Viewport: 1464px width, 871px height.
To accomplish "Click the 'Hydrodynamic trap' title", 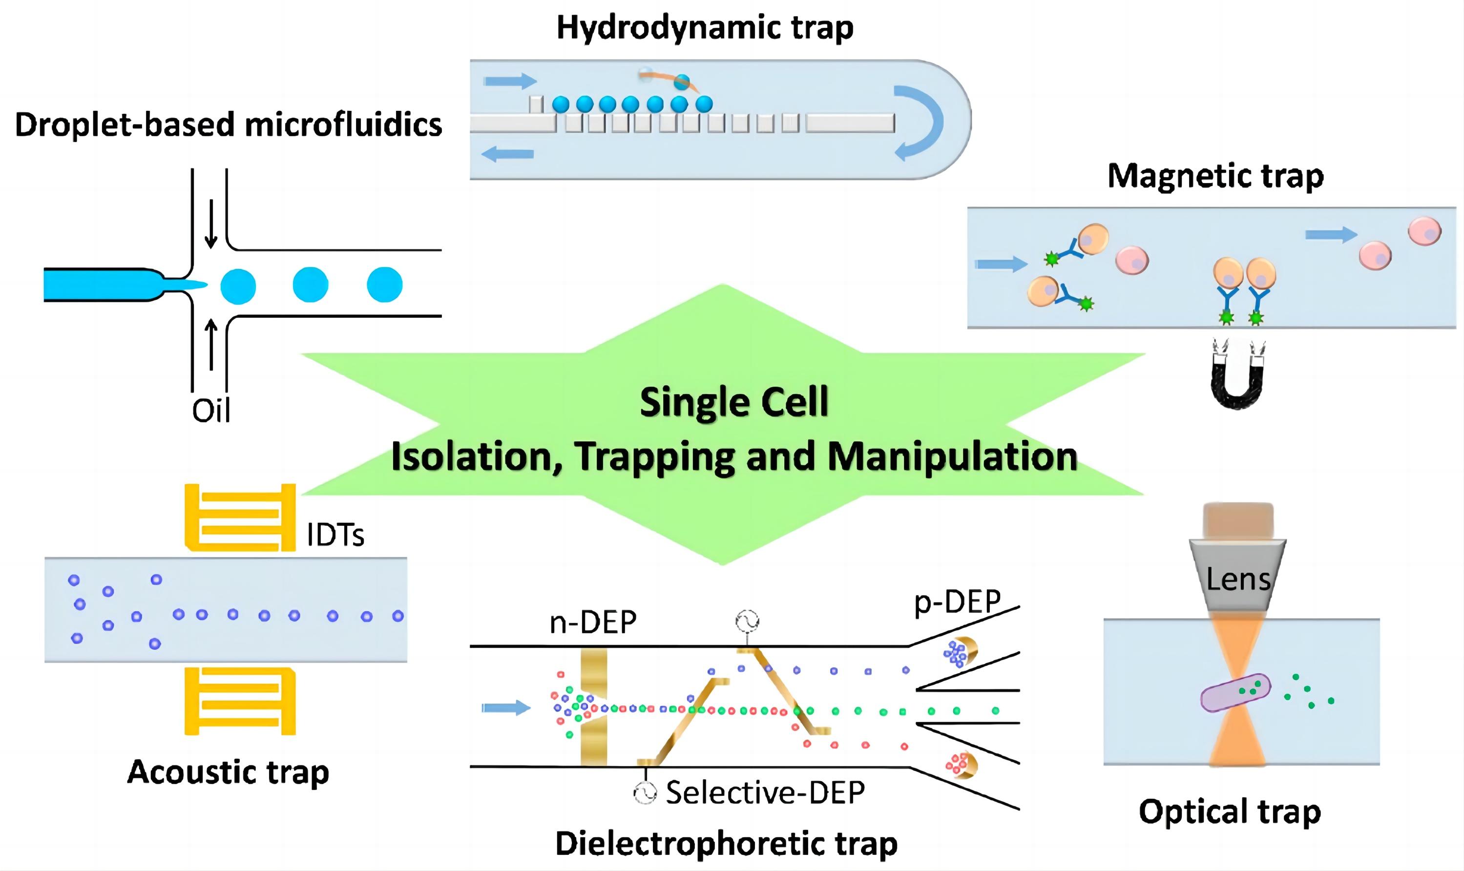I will [x=705, y=28].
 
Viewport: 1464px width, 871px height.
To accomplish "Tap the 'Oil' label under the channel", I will [x=211, y=410].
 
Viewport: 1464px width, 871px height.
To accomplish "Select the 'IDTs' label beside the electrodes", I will [x=335, y=535].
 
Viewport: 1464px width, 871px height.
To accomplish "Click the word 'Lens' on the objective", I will [x=1238, y=580].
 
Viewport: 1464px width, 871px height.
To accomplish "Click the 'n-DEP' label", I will [x=593, y=622].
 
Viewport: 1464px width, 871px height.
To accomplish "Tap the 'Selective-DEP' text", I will [x=765, y=793].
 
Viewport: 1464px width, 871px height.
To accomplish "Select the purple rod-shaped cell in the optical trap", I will [x=1235, y=693].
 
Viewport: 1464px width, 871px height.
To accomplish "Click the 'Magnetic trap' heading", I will [x=1215, y=176].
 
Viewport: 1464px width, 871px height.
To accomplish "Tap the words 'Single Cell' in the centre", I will [x=734, y=403].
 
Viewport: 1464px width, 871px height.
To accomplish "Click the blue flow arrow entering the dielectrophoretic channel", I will [x=505, y=707].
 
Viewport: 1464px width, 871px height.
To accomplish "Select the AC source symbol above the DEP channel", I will [x=747, y=621].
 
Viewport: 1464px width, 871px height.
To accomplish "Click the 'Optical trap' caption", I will [x=1229, y=812].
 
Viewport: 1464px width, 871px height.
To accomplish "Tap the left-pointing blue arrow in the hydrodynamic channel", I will [x=507, y=154].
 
